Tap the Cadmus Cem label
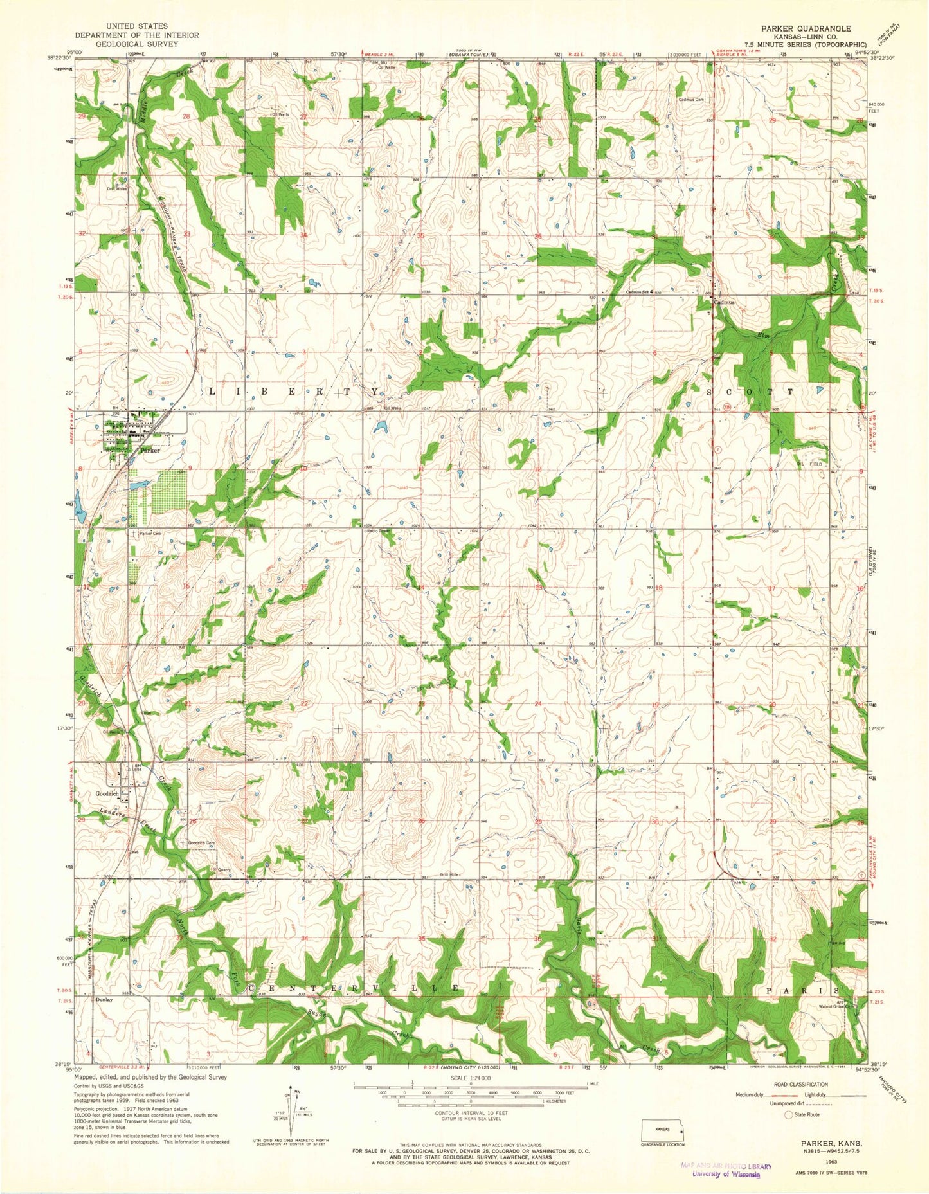click(x=691, y=100)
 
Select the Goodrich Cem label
click(x=201, y=842)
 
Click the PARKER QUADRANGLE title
click(x=806, y=29)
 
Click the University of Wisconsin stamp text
click(x=726, y=1174)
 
